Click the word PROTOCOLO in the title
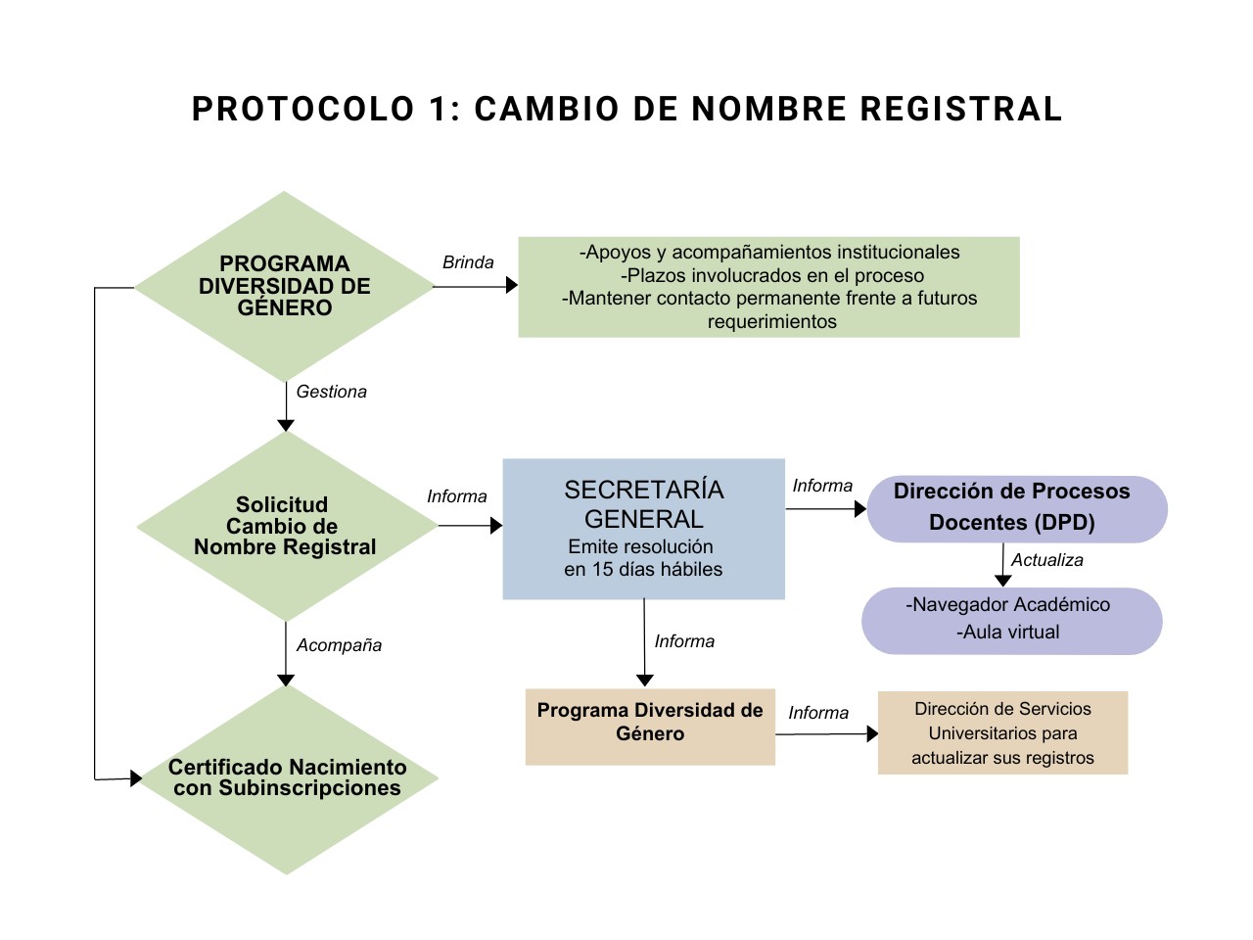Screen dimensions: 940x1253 [303, 109]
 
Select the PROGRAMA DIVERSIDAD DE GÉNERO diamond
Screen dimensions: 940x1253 [284, 286]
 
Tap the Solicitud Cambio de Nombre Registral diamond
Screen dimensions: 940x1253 [286, 526]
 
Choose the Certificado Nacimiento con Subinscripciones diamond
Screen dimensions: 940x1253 [287, 778]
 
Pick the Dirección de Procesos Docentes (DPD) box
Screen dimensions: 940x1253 [1016, 508]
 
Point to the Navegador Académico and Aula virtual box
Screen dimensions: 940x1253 [1011, 620]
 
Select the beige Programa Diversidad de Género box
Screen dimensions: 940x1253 [650, 726]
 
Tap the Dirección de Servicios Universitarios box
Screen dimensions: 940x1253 [1002, 732]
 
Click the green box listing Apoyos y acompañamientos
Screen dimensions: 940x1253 [768, 287]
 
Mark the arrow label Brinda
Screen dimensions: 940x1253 [468, 262]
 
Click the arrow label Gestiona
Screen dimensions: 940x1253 [331, 392]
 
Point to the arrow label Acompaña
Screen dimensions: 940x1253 [339, 645]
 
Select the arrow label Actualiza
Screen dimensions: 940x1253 [1046, 560]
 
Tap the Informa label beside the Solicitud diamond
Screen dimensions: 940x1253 [456, 496]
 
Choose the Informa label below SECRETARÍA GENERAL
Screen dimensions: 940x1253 [684, 641]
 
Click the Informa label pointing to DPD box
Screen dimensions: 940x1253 [822, 486]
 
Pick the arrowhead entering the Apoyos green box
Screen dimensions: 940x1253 [511, 285]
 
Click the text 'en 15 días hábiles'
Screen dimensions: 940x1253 [643, 569]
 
